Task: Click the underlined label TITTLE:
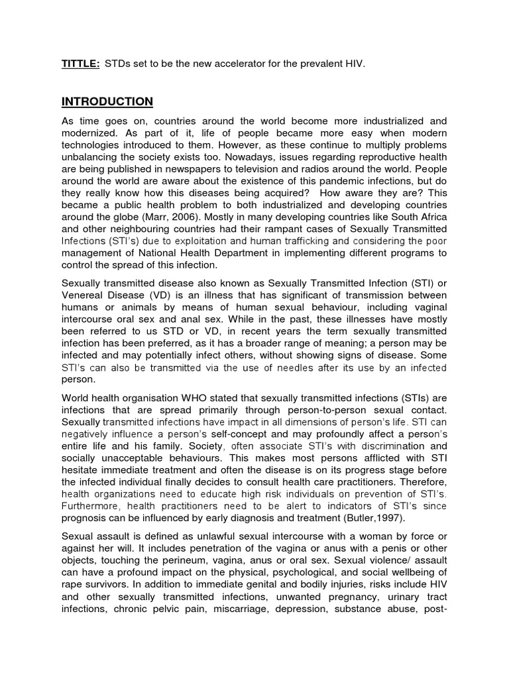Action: click(x=81, y=64)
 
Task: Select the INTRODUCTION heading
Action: click(x=107, y=101)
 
